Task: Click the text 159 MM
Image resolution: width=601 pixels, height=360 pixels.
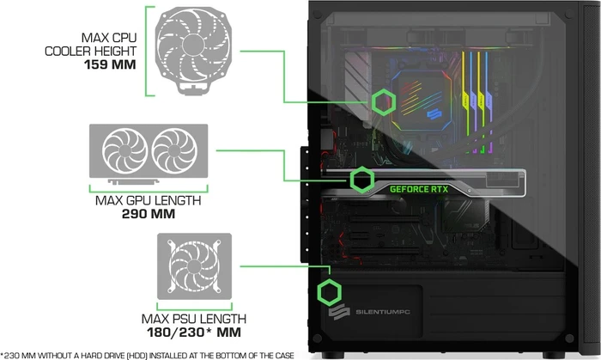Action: point(110,64)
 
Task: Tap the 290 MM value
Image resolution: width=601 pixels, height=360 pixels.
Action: point(149,214)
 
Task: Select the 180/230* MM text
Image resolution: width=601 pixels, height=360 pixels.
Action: point(194,332)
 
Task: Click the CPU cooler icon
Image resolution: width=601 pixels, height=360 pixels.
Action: point(194,50)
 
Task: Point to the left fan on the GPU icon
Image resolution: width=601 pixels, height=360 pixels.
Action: point(124,150)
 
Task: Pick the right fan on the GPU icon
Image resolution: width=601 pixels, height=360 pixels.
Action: point(174,150)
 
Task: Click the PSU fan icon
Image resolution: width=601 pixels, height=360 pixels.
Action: point(194,266)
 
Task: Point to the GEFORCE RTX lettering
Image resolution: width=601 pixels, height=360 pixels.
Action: point(419,189)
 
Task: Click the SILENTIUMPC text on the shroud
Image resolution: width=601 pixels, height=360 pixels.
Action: point(383,312)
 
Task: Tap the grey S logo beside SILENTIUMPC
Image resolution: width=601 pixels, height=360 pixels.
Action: point(339,312)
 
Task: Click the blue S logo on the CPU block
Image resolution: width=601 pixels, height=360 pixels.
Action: point(434,114)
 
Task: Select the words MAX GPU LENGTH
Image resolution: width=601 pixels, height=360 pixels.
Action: point(148,200)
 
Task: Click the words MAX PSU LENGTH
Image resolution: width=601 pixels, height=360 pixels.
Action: point(194,319)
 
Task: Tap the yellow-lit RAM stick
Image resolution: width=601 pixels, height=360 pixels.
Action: point(464,101)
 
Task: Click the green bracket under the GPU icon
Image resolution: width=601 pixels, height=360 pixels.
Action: point(149,191)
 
